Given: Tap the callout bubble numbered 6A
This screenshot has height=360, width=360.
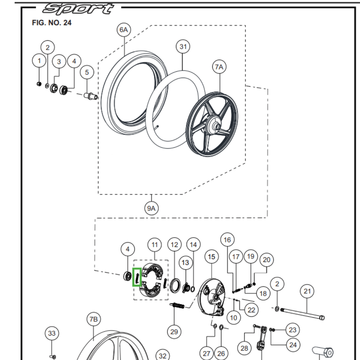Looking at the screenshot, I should coord(123,30).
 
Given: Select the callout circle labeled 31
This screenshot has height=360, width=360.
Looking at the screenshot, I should coord(183,46).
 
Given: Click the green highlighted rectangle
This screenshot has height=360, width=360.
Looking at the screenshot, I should coord(137,276).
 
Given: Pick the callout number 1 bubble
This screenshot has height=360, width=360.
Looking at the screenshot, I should coord(39,61).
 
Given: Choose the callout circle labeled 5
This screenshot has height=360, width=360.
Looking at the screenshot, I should coord(87,72).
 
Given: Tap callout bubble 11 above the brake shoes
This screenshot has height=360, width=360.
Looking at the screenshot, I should coord(154,245).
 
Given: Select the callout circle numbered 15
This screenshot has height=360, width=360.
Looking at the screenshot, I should coord(211,256).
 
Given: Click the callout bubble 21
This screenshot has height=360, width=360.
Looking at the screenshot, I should coord(307,292).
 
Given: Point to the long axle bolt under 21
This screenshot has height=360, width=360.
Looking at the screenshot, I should coord(301,314).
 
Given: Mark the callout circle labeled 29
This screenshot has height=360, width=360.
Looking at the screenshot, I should coord(174,332).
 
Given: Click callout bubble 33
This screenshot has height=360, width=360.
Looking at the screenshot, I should coord(52,333).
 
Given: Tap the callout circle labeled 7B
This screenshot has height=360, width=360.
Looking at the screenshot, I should coord(93,320).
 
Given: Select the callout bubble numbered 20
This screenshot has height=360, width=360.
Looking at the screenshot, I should coord(266,260).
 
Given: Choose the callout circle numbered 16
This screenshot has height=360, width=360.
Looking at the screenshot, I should coord(227,240).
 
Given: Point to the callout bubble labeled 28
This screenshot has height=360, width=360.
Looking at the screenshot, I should coord(244,348).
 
